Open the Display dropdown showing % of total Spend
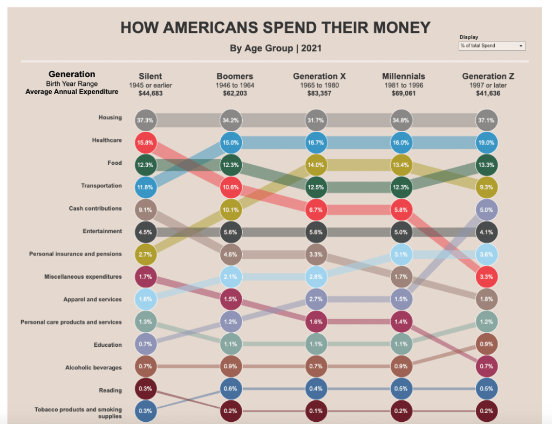click(492, 46)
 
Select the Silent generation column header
click(150, 76)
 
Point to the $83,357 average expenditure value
click(315, 93)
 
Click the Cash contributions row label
click(95, 208)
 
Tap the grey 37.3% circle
click(145, 120)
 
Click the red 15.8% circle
click(145, 143)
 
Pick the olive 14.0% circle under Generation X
click(316, 165)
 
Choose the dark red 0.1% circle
click(316, 410)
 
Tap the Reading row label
click(110, 390)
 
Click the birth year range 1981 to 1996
click(403, 85)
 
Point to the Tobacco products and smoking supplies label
click(78, 413)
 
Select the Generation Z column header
click(484, 76)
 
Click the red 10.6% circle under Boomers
click(230, 187)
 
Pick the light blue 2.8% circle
click(316, 277)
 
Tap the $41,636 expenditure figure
click(485, 93)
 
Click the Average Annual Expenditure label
click(72, 92)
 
